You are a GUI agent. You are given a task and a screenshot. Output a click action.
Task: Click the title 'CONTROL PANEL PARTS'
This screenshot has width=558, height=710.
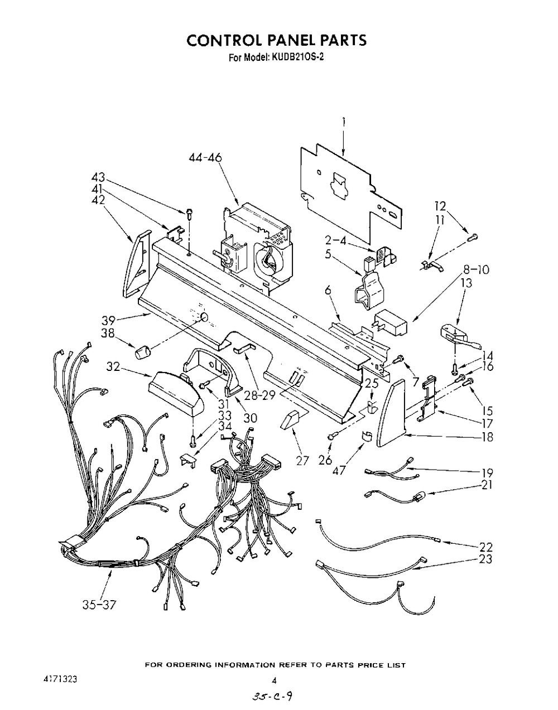click(276, 40)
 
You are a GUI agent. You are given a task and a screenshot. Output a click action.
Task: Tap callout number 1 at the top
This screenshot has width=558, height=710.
click(344, 120)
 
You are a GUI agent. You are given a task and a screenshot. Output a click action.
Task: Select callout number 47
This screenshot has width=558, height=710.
click(340, 470)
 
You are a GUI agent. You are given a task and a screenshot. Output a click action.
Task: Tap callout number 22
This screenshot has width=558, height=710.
click(486, 547)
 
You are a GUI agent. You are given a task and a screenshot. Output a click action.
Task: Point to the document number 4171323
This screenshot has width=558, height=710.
click(60, 680)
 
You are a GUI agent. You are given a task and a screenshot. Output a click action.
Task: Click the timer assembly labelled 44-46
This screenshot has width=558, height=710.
click(257, 245)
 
